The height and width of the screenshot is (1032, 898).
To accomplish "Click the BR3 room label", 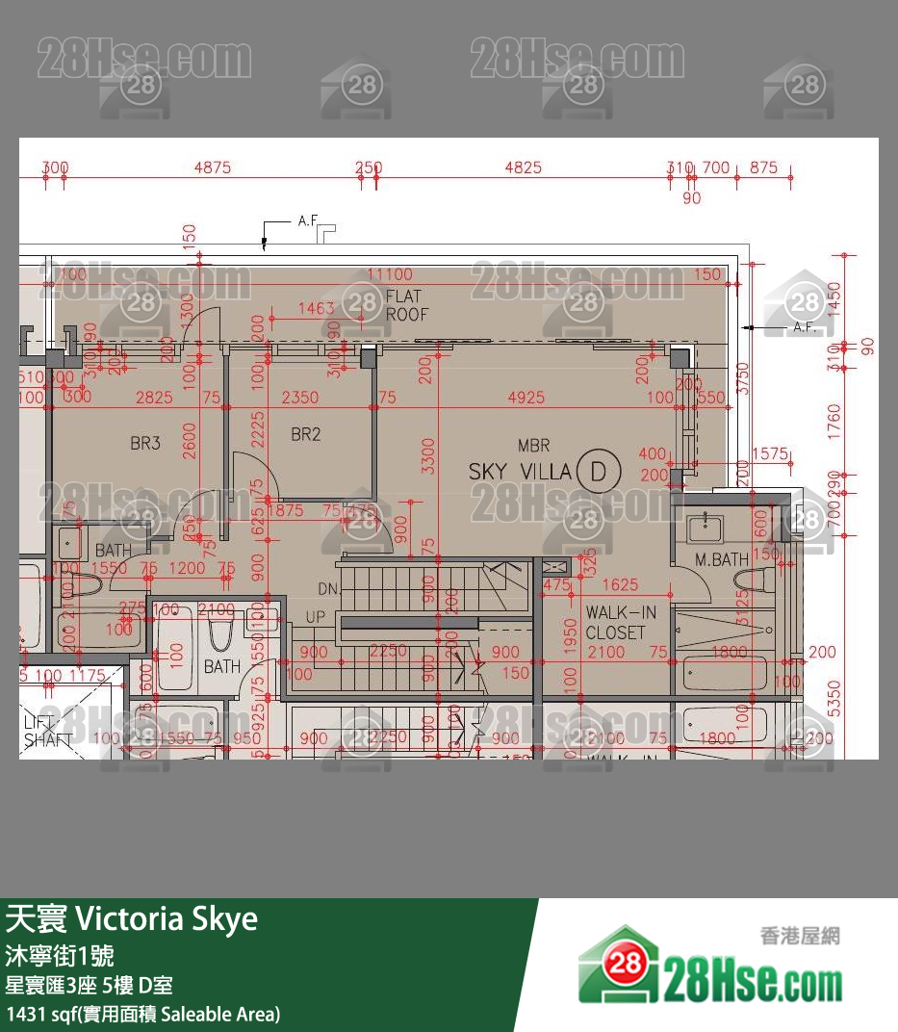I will [x=144, y=444].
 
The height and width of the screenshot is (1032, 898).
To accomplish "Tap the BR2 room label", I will [x=305, y=434].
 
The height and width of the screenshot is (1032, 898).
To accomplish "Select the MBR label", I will [x=533, y=446].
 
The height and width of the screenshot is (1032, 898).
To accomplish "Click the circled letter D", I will [x=600, y=472].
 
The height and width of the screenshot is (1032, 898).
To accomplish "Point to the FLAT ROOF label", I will [x=406, y=305].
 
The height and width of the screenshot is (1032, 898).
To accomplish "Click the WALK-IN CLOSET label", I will [x=615, y=623].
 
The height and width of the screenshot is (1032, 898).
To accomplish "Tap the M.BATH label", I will [x=722, y=559].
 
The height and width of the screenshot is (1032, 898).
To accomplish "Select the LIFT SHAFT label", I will [x=48, y=731].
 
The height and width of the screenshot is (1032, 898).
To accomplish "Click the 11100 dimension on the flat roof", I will [x=389, y=274].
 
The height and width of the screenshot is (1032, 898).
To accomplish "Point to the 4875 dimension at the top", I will [x=213, y=168].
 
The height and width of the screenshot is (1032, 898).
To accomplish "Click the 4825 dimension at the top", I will [x=523, y=168].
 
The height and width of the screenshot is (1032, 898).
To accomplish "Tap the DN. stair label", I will [x=327, y=588].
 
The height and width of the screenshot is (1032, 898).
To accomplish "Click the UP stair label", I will [x=315, y=616].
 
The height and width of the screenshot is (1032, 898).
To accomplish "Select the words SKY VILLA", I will [x=520, y=472].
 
